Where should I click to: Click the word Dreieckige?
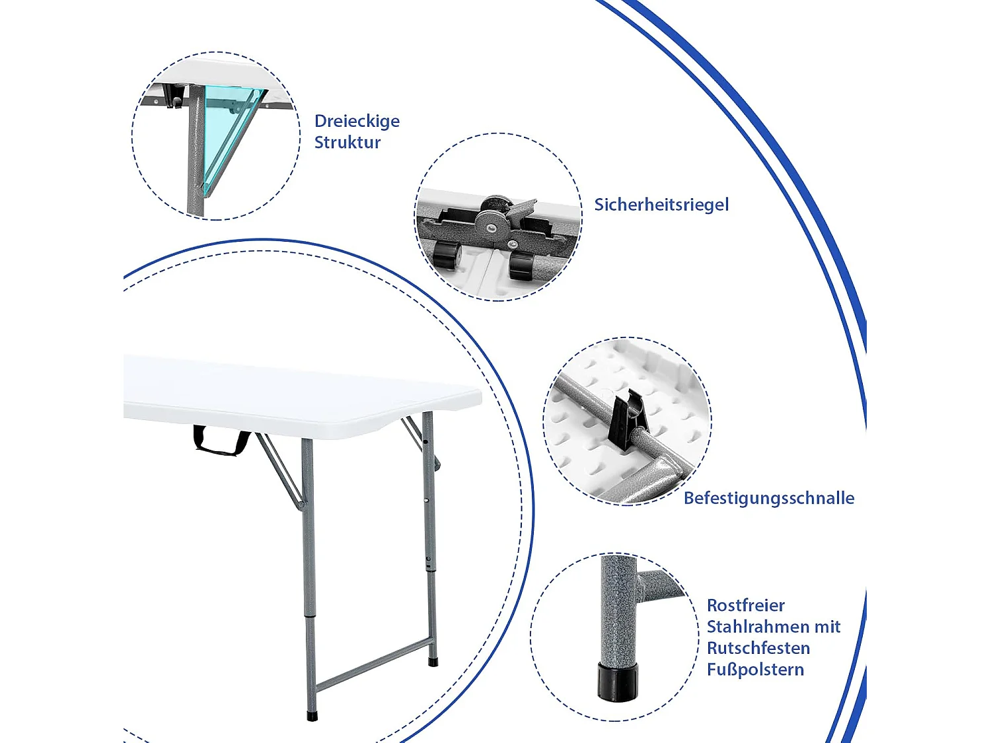pos(357,122)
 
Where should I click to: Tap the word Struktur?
pos(348,143)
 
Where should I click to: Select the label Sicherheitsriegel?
pos(661,205)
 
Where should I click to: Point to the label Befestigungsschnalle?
pos(769,499)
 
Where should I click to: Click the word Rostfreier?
pos(745,606)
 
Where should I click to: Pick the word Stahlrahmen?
pos(758,627)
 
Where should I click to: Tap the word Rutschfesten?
pos(758,649)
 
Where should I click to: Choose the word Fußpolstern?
pos(755,670)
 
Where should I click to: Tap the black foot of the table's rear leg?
pos(433,662)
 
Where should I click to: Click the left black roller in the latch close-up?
pos(447,256)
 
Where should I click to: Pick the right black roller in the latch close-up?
pos(522,265)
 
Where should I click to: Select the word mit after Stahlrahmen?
pos(828,627)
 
